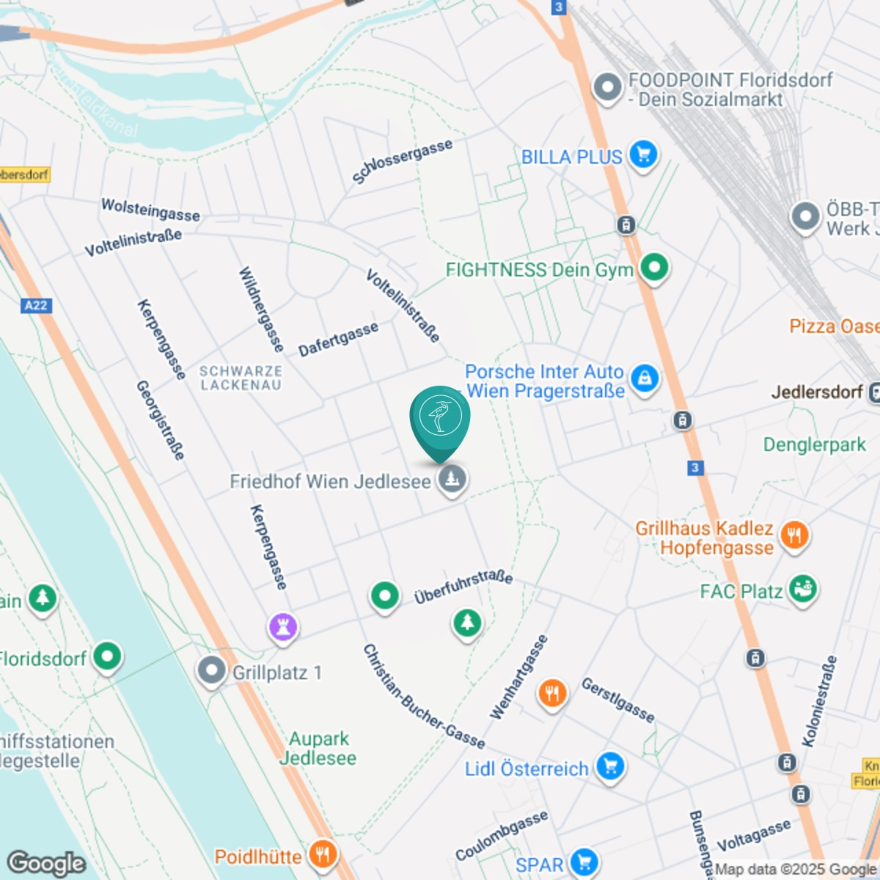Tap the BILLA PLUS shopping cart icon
(x=643, y=155)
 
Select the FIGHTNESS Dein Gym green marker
(x=654, y=268)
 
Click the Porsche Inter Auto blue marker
(x=645, y=379)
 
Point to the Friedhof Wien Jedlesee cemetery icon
(x=452, y=480)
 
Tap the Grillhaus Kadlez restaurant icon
(x=793, y=535)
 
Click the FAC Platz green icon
(x=803, y=590)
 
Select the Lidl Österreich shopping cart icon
(x=609, y=767)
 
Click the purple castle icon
(x=283, y=627)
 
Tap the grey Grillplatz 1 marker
(x=212, y=671)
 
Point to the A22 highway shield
(x=35, y=305)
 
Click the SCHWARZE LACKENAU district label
(x=241, y=378)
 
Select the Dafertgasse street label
(x=338, y=339)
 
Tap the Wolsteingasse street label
(x=150, y=209)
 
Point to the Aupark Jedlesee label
(x=318, y=748)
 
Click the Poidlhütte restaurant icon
(x=322, y=854)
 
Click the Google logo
(x=46, y=863)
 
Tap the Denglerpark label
(x=814, y=444)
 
